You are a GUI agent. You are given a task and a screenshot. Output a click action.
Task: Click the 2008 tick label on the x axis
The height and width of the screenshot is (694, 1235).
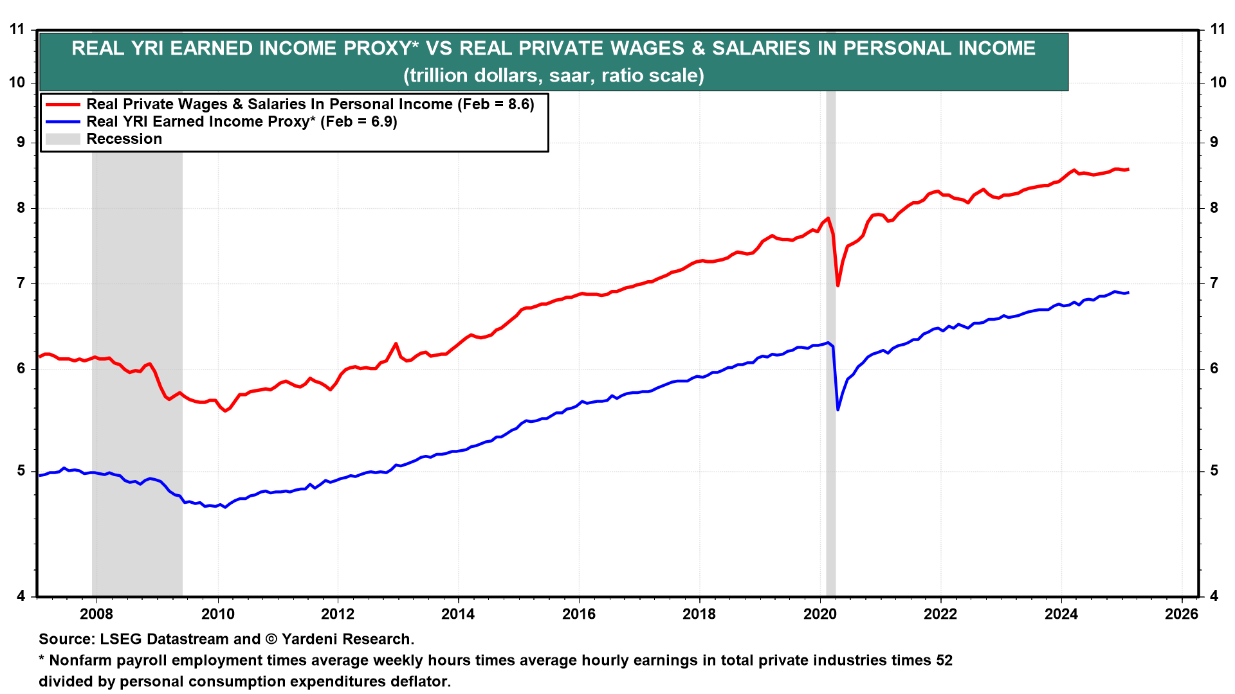click(x=96, y=614)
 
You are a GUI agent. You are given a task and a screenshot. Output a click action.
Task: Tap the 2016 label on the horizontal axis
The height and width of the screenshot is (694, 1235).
click(x=579, y=614)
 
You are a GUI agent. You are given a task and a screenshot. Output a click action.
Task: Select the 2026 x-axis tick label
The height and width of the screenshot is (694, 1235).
click(x=1182, y=614)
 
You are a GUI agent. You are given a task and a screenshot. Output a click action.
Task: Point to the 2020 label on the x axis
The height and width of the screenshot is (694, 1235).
click(x=820, y=614)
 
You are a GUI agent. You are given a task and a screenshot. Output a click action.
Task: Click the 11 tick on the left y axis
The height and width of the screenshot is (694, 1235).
click(x=17, y=29)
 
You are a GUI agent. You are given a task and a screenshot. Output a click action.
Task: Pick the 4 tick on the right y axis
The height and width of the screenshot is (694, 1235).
click(x=1214, y=596)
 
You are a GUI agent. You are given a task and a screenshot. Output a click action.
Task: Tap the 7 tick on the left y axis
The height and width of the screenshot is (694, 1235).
click(x=21, y=283)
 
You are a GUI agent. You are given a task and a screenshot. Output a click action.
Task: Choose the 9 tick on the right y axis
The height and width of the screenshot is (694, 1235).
click(x=1214, y=142)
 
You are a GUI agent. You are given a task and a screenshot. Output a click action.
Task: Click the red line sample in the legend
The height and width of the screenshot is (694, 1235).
click(x=62, y=104)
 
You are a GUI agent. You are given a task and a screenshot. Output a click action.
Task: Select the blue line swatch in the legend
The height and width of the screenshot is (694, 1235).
click(x=62, y=121)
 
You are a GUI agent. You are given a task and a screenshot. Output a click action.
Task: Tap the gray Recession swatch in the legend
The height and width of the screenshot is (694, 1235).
click(x=62, y=139)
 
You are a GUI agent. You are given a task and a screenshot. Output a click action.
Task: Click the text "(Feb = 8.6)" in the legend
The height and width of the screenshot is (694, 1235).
click(x=496, y=104)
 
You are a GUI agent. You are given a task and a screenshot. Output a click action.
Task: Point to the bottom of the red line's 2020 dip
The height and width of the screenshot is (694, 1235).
click(x=837, y=285)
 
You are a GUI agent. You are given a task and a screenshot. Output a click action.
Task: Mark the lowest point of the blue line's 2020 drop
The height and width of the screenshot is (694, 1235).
click(x=837, y=409)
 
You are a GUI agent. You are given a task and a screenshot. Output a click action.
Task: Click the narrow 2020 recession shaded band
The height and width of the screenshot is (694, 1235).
click(x=830, y=450)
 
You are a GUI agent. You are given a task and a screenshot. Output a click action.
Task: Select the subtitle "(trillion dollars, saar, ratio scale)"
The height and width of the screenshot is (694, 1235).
click(x=553, y=76)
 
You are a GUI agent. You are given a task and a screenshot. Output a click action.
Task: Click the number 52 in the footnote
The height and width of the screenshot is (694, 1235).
click(x=944, y=660)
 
